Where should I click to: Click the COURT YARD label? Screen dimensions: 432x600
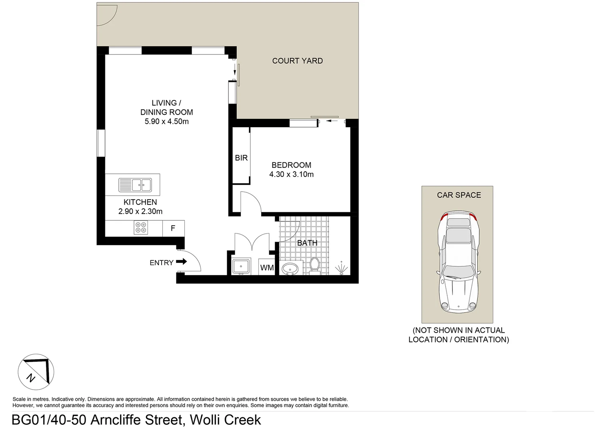[x=297, y=61]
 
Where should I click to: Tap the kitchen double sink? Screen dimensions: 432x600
[x=135, y=185]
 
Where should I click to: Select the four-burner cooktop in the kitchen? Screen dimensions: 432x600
[x=141, y=228]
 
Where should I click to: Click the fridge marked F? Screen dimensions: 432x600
[x=173, y=228]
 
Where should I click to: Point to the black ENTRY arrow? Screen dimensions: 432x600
[x=182, y=262]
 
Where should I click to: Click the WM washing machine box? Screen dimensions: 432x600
[x=267, y=268]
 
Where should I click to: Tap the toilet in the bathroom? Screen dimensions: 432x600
[x=315, y=266]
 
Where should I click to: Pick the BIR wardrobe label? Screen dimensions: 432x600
[x=241, y=158]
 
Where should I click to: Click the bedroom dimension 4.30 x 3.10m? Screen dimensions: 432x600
[x=291, y=174]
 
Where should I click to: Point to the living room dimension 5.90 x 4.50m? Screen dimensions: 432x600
[x=166, y=122]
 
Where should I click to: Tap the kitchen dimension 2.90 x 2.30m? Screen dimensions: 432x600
[x=140, y=212]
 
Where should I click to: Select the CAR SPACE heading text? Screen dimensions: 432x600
[x=459, y=195]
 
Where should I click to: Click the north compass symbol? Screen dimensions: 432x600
[x=36, y=372]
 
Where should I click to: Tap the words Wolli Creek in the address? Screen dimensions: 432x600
[x=225, y=420]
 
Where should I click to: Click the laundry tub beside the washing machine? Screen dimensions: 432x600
[x=241, y=267]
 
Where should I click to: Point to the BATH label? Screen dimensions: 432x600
[x=307, y=243]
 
